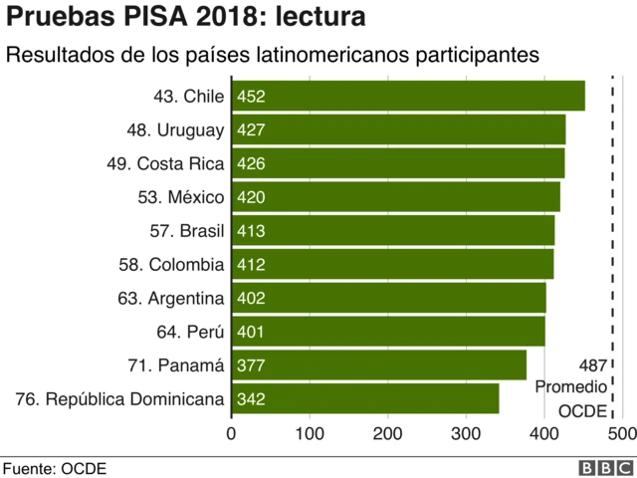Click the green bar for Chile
click(x=408, y=97)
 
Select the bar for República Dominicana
click(x=365, y=399)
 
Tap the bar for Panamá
click(x=379, y=365)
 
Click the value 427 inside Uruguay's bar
click(x=251, y=130)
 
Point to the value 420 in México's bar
click(x=251, y=197)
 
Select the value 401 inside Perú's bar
click(x=251, y=332)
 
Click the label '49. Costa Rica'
click(x=165, y=163)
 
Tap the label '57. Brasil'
click(x=187, y=231)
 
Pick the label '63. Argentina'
click(x=171, y=298)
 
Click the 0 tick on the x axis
click(x=232, y=434)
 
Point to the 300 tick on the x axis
click(x=466, y=434)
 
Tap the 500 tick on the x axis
click(x=621, y=434)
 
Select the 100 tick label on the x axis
click(x=310, y=434)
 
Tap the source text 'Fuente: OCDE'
click(x=55, y=468)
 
